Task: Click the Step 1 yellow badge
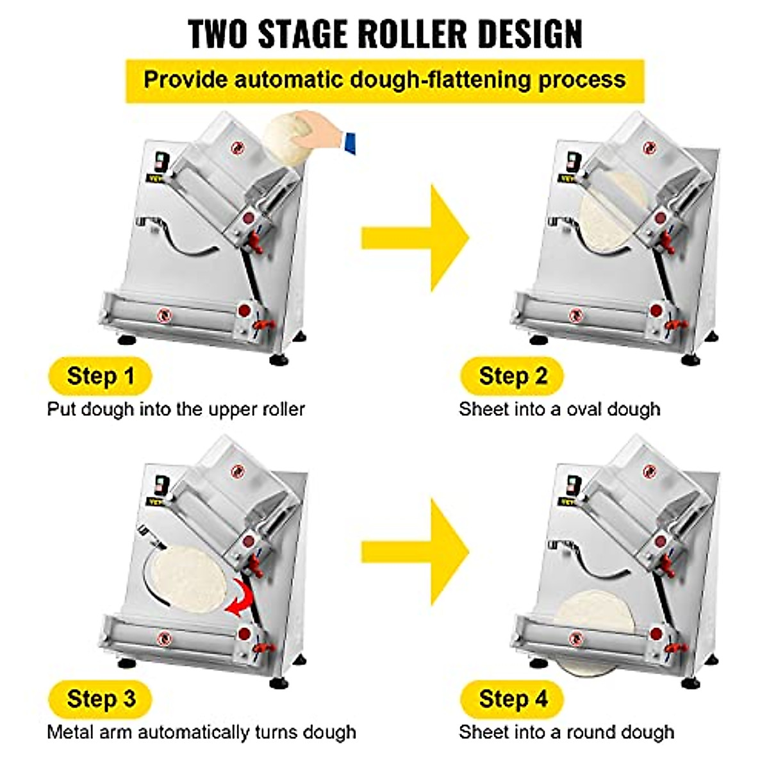click(x=100, y=376)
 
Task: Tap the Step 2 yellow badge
click(x=512, y=376)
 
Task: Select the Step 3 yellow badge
click(x=101, y=698)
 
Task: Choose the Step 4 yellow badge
click(x=512, y=698)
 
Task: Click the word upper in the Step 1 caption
click(x=233, y=409)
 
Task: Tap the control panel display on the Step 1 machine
click(x=159, y=160)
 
